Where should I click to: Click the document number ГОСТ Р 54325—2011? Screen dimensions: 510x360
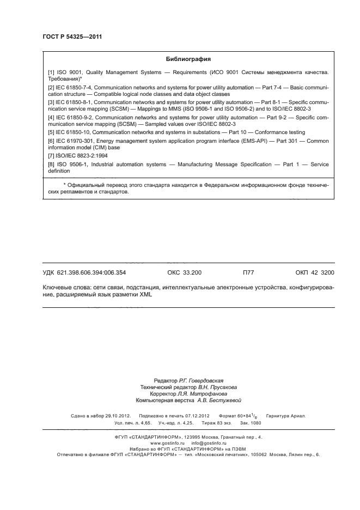[x=72, y=37]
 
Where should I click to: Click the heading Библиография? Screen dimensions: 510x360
[x=188, y=59]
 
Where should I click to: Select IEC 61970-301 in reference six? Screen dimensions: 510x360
[x=74, y=141]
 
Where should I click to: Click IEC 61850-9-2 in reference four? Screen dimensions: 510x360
[x=72, y=117]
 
